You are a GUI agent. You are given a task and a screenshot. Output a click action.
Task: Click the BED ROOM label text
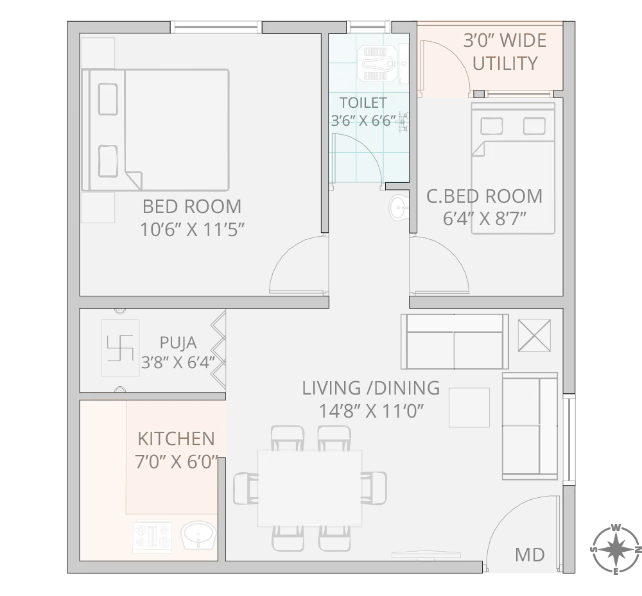pos(192,207)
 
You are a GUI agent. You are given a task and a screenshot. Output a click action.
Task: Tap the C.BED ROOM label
pos(485,196)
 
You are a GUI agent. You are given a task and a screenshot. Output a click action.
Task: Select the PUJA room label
pos(178,343)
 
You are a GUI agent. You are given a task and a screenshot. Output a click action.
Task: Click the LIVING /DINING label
pos(371,388)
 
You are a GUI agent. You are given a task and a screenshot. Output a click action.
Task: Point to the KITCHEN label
pos(177,439)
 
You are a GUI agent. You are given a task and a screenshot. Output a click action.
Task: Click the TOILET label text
pos(363,103)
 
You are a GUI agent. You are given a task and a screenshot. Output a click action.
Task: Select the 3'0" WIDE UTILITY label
pos(505,53)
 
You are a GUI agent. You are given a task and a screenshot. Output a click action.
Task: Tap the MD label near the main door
pos(530,554)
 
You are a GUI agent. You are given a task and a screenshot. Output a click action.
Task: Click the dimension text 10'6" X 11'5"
pos(193,230)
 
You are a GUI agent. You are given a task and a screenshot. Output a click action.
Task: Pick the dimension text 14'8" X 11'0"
pos(371,411)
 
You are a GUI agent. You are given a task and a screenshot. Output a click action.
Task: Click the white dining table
pos(309,487)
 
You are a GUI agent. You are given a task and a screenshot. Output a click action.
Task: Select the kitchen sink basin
pos(198,536)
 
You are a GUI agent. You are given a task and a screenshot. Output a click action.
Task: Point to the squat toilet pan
pos(378,62)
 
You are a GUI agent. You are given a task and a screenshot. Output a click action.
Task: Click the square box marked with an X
pos(534,335)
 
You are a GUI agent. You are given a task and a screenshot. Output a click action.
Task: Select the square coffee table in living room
pos(469,407)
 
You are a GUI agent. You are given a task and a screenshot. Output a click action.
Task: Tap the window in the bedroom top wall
pos(216,28)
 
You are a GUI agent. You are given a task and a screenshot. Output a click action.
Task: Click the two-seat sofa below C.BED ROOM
pos(455,341)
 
